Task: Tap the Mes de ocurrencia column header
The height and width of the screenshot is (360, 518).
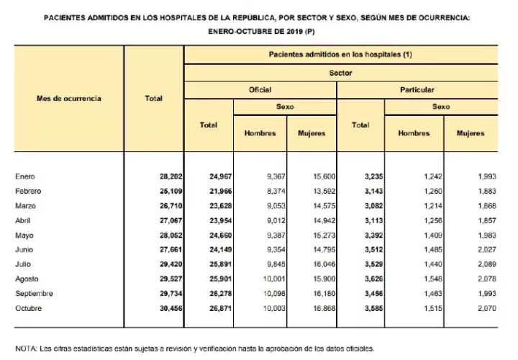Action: pos(68,98)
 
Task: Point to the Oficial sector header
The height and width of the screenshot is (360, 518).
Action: pos(260,90)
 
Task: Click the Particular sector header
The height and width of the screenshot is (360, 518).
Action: pos(417,90)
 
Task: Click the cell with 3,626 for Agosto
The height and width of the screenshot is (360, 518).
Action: pos(360,279)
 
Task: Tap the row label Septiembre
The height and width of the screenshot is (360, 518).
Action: pos(34,294)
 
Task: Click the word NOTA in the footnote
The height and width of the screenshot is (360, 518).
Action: pos(26,348)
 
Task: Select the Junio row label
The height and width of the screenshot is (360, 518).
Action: pos(24,250)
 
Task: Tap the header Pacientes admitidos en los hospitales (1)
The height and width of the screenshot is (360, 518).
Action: pos(340,54)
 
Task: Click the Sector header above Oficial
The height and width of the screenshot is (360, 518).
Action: pos(340,73)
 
